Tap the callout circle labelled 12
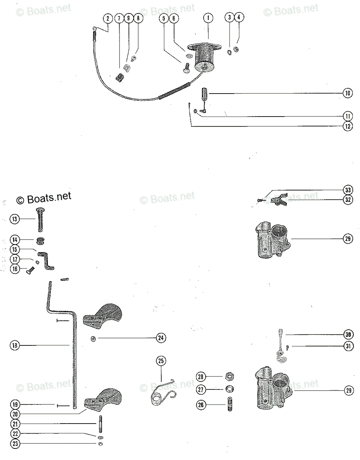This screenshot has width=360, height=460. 347,126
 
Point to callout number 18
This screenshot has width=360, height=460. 15,345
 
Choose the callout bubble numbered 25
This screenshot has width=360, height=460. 161,361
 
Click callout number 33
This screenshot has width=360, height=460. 347,190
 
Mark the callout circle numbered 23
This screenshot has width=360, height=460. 15,444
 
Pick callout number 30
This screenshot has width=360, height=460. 347,335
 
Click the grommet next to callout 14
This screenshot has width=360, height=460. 39,241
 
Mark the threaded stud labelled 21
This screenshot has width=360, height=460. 101,424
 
